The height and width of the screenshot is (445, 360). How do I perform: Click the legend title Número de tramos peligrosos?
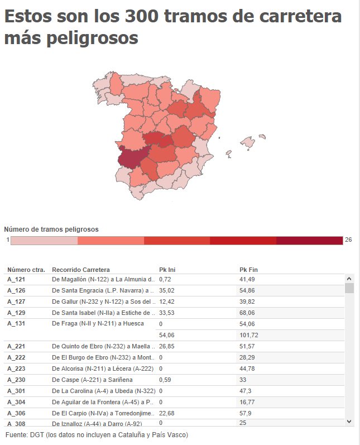(51, 229)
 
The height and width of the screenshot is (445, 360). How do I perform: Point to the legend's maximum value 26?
(348, 240)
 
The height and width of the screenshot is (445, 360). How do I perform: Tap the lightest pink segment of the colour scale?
(44, 240)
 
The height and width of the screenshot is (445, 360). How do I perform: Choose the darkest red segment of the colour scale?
(309, 240)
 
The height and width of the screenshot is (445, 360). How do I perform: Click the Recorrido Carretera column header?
(81, 270)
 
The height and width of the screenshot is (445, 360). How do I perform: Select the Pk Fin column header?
(248, 270)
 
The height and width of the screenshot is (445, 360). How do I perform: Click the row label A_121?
(16, 279)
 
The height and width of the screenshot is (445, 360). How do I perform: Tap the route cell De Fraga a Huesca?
(98, 323)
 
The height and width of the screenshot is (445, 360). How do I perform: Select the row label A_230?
(16, 380)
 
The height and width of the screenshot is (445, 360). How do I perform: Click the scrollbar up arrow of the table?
(349, 278)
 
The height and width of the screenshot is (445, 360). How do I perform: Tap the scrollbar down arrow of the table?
(349, 421)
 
